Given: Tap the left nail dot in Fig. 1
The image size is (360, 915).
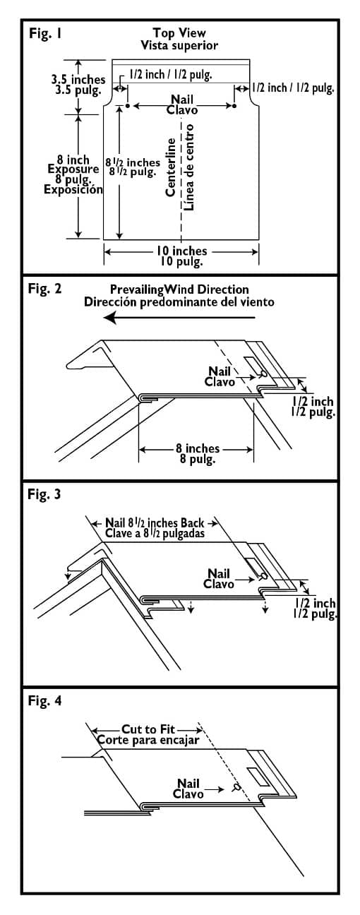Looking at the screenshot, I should [x=128, y=106].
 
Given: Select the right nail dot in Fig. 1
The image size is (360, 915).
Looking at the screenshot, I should [x=234, y=106].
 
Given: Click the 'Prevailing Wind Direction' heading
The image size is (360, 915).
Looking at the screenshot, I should [x=179, y=289].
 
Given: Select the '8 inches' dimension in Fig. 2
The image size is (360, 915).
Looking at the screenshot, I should [x=198, y=448].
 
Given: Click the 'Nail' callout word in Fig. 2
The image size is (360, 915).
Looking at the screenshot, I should [x=219, y=371].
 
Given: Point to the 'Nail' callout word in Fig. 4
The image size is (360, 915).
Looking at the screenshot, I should [x=188, y=784].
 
